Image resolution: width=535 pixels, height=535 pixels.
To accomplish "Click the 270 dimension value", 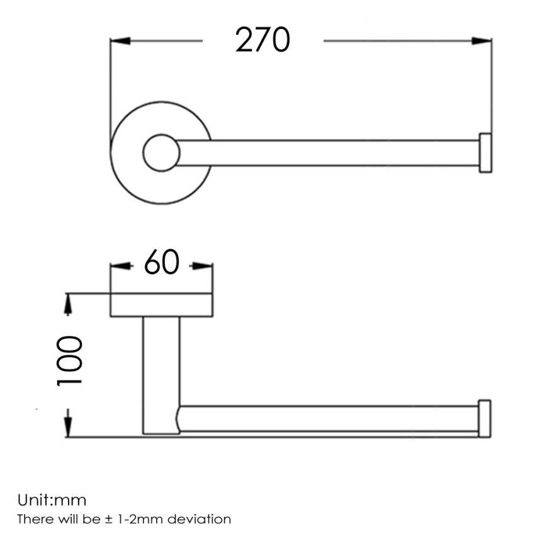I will [x=262, y=40].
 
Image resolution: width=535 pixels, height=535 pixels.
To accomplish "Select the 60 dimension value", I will [x=162, y=262].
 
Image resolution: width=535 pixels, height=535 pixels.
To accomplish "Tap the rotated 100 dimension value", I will [x=69, y=361].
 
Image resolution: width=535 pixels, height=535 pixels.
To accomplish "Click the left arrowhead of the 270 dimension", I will [x=120, y=41].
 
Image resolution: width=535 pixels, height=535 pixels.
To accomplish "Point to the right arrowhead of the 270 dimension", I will [x=482, y=41].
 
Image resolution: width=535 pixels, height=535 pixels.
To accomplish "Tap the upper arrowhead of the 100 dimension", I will [x=67, y=303].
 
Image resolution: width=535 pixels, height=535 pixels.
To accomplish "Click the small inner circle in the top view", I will [x=162, y=152].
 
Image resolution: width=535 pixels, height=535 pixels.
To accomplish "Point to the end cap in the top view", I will [x=485, y=152].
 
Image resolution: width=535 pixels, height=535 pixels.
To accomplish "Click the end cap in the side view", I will [x=485, y=417].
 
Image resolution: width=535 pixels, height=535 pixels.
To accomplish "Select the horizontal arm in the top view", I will [x=327, y=153].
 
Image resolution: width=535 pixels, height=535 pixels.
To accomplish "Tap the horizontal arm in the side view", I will [x=327, y=419].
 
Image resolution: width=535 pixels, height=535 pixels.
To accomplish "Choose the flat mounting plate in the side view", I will [x=161, y=305].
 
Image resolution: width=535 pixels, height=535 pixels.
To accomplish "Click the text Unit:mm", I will [x=52, y=501].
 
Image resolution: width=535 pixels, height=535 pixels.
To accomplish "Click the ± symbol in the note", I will [x=111, y=520].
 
